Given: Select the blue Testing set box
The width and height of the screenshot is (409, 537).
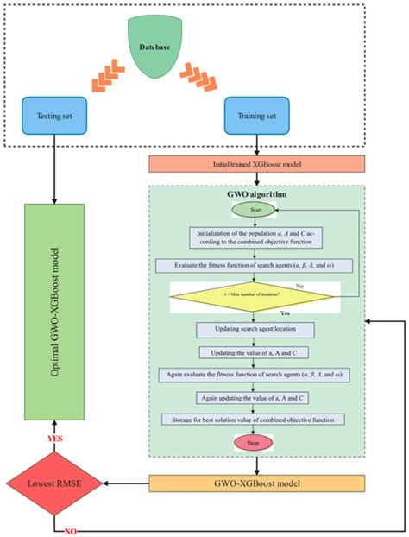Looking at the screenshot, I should pyautogui.click(x=54, y=112).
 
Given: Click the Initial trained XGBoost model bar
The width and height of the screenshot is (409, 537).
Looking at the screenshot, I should pyautogui.click(x=255, y=163).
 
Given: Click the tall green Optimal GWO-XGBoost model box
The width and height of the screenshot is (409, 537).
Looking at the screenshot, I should pyautogui.click(x=54, y=313).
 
